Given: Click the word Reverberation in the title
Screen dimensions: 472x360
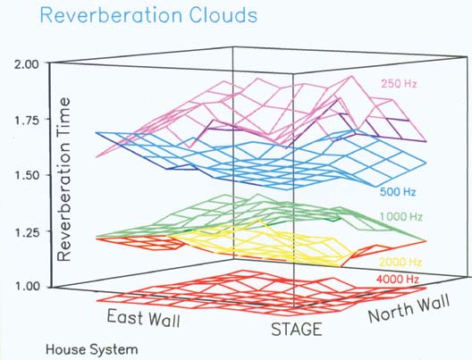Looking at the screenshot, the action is point(111,15).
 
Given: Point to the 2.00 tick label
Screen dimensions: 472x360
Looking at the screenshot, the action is point(27,64).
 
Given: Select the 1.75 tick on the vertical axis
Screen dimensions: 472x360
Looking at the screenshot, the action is point(27,121).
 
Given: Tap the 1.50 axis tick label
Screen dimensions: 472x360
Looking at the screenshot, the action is point(27,175).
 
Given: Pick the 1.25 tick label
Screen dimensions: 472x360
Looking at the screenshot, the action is point(27,231).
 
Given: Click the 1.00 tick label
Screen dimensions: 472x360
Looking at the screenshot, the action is point(27,287).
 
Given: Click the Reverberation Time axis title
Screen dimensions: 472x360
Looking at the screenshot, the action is point(63,180).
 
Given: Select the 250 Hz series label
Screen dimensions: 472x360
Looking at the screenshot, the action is point(399,83).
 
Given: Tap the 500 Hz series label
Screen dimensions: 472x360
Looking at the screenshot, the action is point(398,191).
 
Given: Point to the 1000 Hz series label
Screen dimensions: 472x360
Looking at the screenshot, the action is point(401,216).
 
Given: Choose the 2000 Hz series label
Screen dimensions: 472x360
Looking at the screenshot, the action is point(400,263).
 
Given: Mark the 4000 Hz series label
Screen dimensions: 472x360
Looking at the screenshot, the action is point(398,280).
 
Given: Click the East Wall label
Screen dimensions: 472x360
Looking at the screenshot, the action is point(144,318).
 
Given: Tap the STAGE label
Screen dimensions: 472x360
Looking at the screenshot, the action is point(297,329).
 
